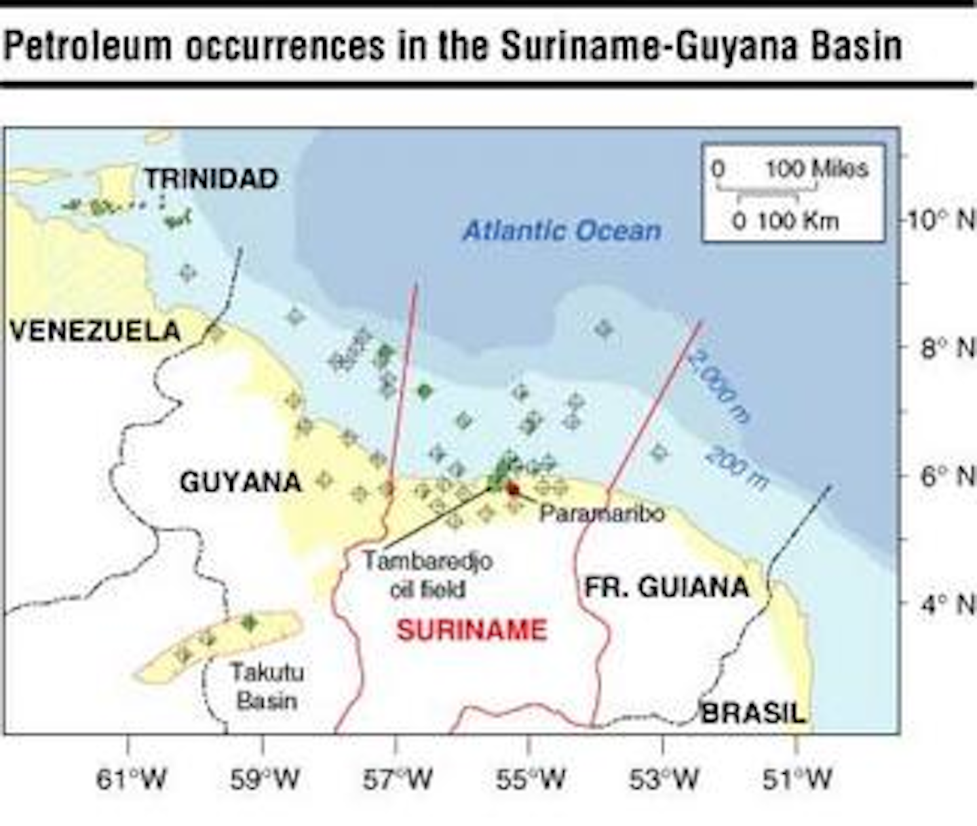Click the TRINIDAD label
click(211, 178)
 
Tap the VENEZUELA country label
click(95, 331)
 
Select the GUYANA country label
click(240, 482)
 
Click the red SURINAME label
click(472, 630)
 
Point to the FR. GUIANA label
click(666, 587)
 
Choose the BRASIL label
click(752, 713)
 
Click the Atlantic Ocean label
click(562, 231)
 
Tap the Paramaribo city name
click(602, 513)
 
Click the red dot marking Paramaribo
click(513, 489)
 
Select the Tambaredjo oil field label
click(427, 574)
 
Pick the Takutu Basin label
click(267, 686)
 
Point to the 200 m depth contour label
click(736, 467)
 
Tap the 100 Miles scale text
click(817, 168)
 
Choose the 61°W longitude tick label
click(131, 779)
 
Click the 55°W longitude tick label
click(531, 779)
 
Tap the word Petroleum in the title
click(88, 46)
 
